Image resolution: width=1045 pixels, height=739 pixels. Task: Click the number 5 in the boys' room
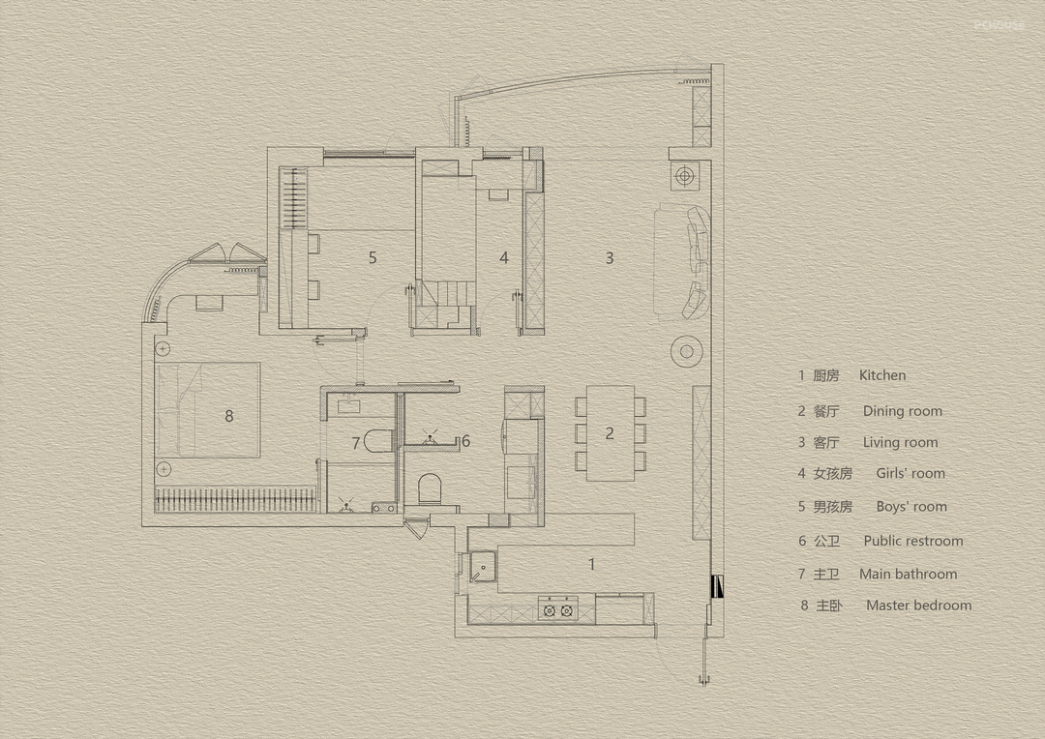pos(373,257)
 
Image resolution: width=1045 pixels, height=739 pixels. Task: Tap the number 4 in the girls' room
pos(504,257)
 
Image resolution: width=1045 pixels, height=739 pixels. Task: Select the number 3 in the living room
pos(610,257)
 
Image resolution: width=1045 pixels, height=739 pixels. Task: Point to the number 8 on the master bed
pos(229,416)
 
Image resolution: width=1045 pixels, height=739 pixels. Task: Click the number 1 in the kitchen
pos(592,565)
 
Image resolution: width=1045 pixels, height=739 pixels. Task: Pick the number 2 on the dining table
pos(610,433)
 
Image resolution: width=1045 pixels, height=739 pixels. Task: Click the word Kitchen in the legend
pos(882,375)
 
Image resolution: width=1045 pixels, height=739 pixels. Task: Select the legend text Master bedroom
pos(919,606)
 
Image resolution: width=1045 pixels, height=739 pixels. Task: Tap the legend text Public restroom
pos(913,541)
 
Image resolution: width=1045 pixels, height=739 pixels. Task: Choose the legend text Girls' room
pos(911,473)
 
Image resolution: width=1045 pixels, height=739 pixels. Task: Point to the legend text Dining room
pos(903,411)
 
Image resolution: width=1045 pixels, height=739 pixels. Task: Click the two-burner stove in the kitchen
pos(558,608)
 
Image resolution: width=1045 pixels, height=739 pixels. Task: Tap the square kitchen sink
pos(483,567)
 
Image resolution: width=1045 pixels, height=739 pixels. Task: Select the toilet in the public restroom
pos(430,488)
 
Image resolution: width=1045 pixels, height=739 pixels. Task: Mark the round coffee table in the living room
pos(686,351)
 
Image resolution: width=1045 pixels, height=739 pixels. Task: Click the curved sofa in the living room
pos(697,261)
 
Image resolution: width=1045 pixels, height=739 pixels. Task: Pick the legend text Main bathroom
pos(909,574)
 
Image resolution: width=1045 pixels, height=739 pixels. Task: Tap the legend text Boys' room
pos(911,507)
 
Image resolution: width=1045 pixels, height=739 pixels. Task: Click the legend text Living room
pos(901,442)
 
